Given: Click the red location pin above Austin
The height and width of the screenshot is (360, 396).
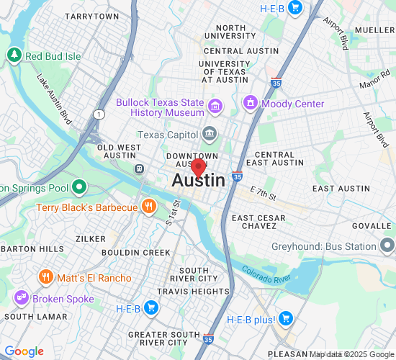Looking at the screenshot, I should click(x=198, y=168).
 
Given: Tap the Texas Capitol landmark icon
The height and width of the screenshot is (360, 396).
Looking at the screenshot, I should click(x=210, y=133).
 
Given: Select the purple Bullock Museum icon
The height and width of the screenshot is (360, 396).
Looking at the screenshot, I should click(x=215, y=108).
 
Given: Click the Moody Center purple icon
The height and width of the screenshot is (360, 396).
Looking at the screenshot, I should click(x=251, y=104).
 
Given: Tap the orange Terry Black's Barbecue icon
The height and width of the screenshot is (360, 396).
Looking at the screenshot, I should click(x=148, y=207).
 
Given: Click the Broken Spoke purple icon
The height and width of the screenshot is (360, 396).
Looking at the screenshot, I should click(x=20, y=297).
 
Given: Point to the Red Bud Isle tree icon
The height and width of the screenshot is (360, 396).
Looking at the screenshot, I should click(x=14, y=55).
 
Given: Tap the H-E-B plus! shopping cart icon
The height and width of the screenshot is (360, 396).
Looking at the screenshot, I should click(x=285, y=318).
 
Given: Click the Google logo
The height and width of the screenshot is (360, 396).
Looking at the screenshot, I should click(x=24, y=351).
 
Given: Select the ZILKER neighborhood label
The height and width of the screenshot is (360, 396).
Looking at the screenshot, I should click(x=91, y=238).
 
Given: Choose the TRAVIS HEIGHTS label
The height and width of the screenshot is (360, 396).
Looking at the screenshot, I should click(x=193, y=292).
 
